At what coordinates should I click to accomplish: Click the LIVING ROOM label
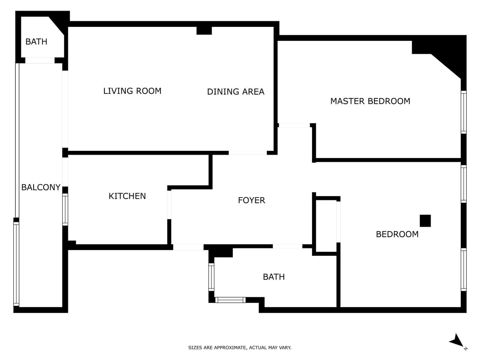coord(132,91)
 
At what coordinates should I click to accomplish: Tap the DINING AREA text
coord(235,91)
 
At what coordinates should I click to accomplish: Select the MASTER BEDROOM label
coord(370,101)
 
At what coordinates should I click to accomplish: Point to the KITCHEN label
coord(127,196)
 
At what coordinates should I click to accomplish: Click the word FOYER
coord(251,200)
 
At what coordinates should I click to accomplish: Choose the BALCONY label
coord(41,187)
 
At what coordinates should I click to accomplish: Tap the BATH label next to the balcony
coord(36,41)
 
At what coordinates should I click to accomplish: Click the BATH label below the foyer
coord(274,277)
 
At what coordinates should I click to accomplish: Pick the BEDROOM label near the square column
coord(397,234)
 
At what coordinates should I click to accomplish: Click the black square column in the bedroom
coord(425,221)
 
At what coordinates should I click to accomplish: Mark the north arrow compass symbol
coord(457,341)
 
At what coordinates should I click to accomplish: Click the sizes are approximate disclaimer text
coord(240,348)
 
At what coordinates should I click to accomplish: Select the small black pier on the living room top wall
coord(204,30)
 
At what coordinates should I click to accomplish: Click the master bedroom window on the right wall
coord(463,112)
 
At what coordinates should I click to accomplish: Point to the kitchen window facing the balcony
coord(65,209)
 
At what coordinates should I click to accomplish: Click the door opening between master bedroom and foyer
coord(294,125)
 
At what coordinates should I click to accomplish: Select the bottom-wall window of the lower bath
coord(230,300)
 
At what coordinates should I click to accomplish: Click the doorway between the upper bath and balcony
coord(40,60)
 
